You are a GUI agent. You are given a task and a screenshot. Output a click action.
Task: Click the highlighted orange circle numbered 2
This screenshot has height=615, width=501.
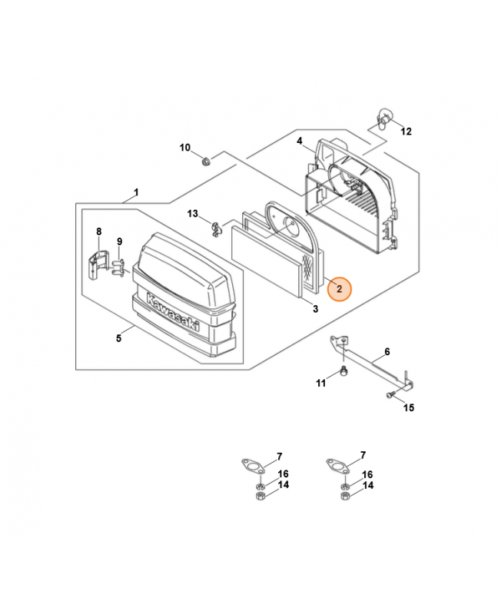click(x=339, y=289)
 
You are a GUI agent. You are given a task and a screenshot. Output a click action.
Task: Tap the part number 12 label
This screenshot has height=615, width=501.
click(x=406, y=131)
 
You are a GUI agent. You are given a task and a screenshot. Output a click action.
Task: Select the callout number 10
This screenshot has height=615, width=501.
click(x=185, y=148)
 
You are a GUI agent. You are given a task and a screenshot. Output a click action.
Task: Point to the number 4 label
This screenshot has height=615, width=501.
click(x=300, y=141)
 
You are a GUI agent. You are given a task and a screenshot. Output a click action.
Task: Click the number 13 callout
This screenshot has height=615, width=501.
click(x=193, y=213)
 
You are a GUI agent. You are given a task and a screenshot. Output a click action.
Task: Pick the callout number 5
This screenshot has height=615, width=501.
click(x=119, y=337)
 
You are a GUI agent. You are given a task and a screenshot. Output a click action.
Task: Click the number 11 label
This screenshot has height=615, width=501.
click(x=322, y=382)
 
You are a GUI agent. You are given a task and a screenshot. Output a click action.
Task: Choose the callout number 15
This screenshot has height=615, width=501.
click(x=409, y=407)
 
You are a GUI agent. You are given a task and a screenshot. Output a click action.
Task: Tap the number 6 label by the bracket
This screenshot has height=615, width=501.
click(x=387, y=351)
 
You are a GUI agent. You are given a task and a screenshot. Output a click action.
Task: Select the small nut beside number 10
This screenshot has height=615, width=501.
click(x=206, y=161)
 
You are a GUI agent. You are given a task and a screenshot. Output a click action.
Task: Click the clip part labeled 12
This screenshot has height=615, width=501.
click(x=384, y=116)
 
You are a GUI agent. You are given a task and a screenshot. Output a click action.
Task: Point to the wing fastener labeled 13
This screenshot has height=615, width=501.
click(x=217, y=226)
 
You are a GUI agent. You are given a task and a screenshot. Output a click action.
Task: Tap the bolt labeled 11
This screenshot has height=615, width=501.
click(x=344, y=373)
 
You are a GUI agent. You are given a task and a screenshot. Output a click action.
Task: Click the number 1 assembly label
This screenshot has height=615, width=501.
click(x=136, y=192)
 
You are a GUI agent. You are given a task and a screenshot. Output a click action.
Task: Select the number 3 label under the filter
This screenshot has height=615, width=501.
click(x=315, y=309)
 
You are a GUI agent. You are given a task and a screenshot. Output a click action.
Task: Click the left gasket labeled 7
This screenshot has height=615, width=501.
click(x=250, y=466)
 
